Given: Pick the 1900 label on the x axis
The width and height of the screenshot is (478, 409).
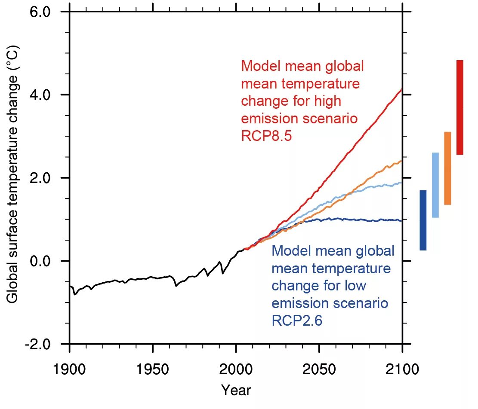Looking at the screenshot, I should (69, 369).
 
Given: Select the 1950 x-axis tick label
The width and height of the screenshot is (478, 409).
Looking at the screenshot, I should (152, 369).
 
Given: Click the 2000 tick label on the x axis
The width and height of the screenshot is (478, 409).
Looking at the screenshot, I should (235, 369).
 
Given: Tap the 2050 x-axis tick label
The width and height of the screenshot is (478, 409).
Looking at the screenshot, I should (319, 369).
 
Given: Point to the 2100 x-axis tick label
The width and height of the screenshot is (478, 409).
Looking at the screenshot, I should (402, 369).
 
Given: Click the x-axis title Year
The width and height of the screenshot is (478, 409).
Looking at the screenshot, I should (236, 390).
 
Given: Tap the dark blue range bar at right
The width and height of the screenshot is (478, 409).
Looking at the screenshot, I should (423, 220).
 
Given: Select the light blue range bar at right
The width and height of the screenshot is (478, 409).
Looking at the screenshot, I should (435, 185).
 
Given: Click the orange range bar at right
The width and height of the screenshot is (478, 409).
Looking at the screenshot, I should (447, 168).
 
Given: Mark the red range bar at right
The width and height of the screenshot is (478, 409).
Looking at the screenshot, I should (460, 107).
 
